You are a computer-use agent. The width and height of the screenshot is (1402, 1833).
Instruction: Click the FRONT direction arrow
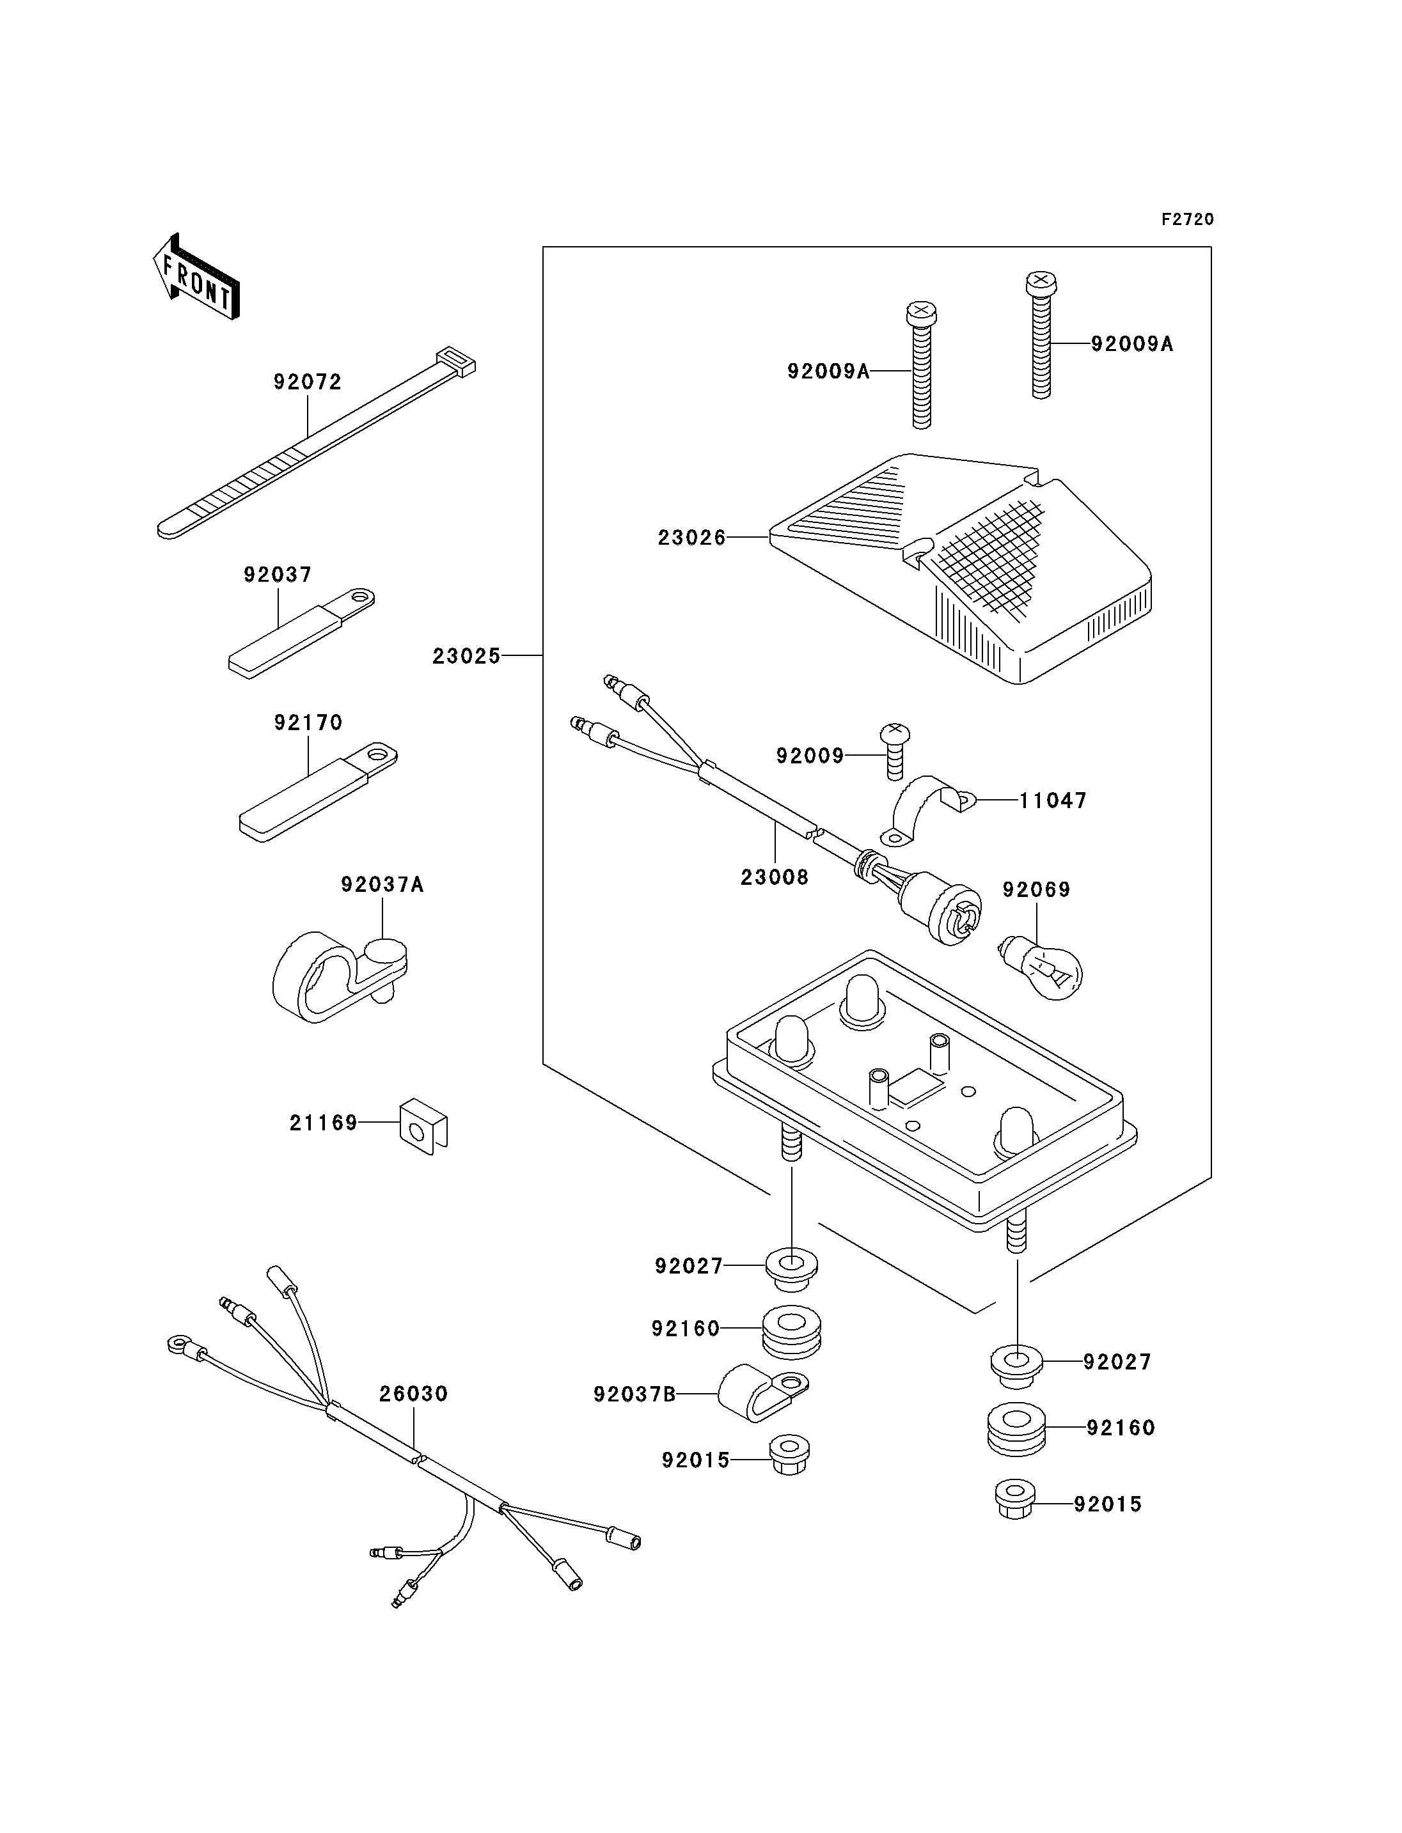(x=197, y=277)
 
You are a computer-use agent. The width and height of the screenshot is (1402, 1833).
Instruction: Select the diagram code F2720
(x=1188, y=219)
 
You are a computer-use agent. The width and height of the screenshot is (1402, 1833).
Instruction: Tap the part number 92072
(x=308, y=382)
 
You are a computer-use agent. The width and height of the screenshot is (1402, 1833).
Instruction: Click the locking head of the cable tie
(x=455, y=361)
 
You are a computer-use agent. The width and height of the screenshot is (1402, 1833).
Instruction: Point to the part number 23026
(x=692, y=538)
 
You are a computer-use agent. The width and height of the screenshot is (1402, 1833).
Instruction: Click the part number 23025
(x=466, y=657)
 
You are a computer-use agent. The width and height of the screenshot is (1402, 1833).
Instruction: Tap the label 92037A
(x=382, y=884)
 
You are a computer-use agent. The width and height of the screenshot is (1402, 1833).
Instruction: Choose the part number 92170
(x=309, y=722)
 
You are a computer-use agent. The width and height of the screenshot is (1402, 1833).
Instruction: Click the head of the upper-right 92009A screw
(x=1040, y=284)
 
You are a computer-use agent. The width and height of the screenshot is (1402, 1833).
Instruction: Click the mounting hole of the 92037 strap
(x=359, y=597)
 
